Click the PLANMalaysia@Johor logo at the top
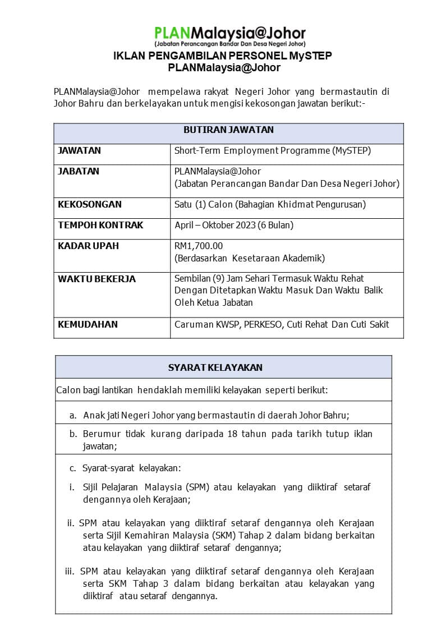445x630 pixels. (230, 35)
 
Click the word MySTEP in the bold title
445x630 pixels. (310, 56)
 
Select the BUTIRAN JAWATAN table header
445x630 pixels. (228, 130)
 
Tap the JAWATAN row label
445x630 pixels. (80, 151)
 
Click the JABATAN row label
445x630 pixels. (79, 172)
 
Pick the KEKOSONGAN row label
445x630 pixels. (90, 205)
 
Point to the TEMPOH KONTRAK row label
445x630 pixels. (100, 226)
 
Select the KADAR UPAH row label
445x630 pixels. (88, 246)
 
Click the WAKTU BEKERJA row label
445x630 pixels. (97, 279)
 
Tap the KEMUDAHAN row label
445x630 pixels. (88, 324)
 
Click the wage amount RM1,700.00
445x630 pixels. (199, 246)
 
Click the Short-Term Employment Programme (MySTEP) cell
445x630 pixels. (273, 151)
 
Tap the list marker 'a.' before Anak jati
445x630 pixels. (73, 416)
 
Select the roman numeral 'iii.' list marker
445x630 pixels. (70, 572)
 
